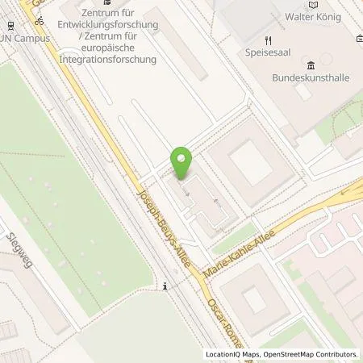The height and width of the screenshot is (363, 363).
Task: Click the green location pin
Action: tap(184, 163)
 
